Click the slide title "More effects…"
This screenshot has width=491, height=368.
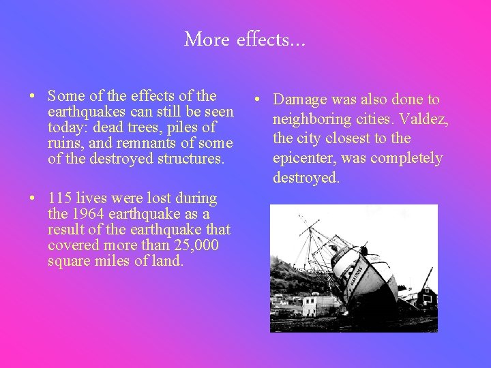pos(245,40)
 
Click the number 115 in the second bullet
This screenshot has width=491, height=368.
pos(60,198)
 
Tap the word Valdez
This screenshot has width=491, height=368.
pos(424,119)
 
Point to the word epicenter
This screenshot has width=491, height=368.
pos(304,158)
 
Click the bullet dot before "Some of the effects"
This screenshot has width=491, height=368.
pos(33,97)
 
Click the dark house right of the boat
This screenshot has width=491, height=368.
pos(426,296)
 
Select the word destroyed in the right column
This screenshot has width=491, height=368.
pos(306,178)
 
